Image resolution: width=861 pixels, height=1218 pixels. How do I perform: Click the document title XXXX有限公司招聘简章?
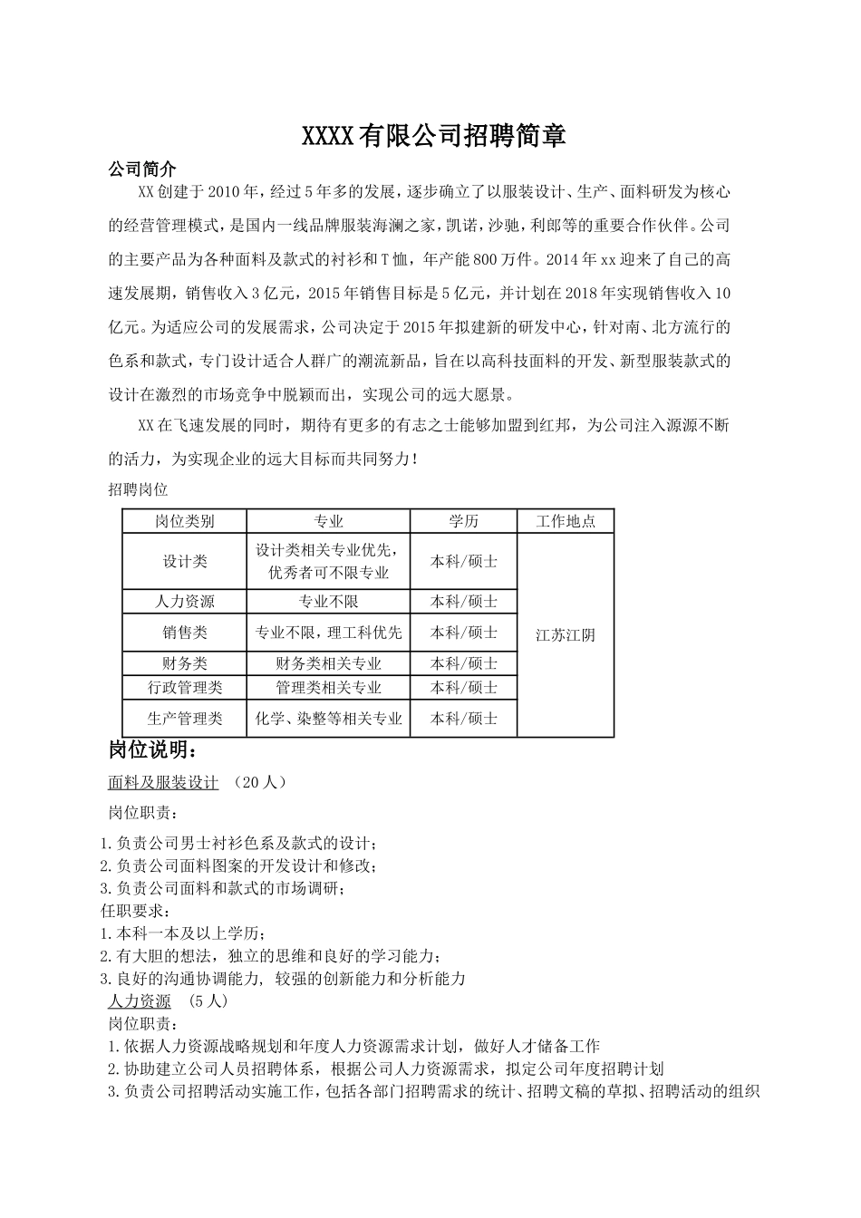tap(433, 137)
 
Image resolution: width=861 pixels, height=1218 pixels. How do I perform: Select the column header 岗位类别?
tap(185, 521)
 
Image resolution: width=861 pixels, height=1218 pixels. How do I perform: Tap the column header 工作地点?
tap(566, 521)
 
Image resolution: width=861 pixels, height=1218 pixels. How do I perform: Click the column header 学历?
tap(463, 521)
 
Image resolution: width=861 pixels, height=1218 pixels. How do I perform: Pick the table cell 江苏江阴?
tap(566, 635)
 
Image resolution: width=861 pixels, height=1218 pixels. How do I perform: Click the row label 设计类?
tap(185, 562)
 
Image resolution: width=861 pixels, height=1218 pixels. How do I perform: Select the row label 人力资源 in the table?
tap(185, 602)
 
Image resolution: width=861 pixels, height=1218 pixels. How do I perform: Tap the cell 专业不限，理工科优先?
tap(328, 633)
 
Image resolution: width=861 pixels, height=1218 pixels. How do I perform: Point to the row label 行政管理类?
tap(185, 688)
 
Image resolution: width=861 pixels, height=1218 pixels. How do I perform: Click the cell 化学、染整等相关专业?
tap(328, 719)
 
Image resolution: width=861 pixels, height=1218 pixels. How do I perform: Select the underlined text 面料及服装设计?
tap(163, 783)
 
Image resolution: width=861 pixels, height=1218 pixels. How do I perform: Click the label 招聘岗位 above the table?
tap(138, 489)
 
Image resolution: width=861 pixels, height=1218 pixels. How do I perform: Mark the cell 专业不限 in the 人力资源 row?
tap(328, 602)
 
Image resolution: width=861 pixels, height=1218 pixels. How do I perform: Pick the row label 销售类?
tap(185, 633)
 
